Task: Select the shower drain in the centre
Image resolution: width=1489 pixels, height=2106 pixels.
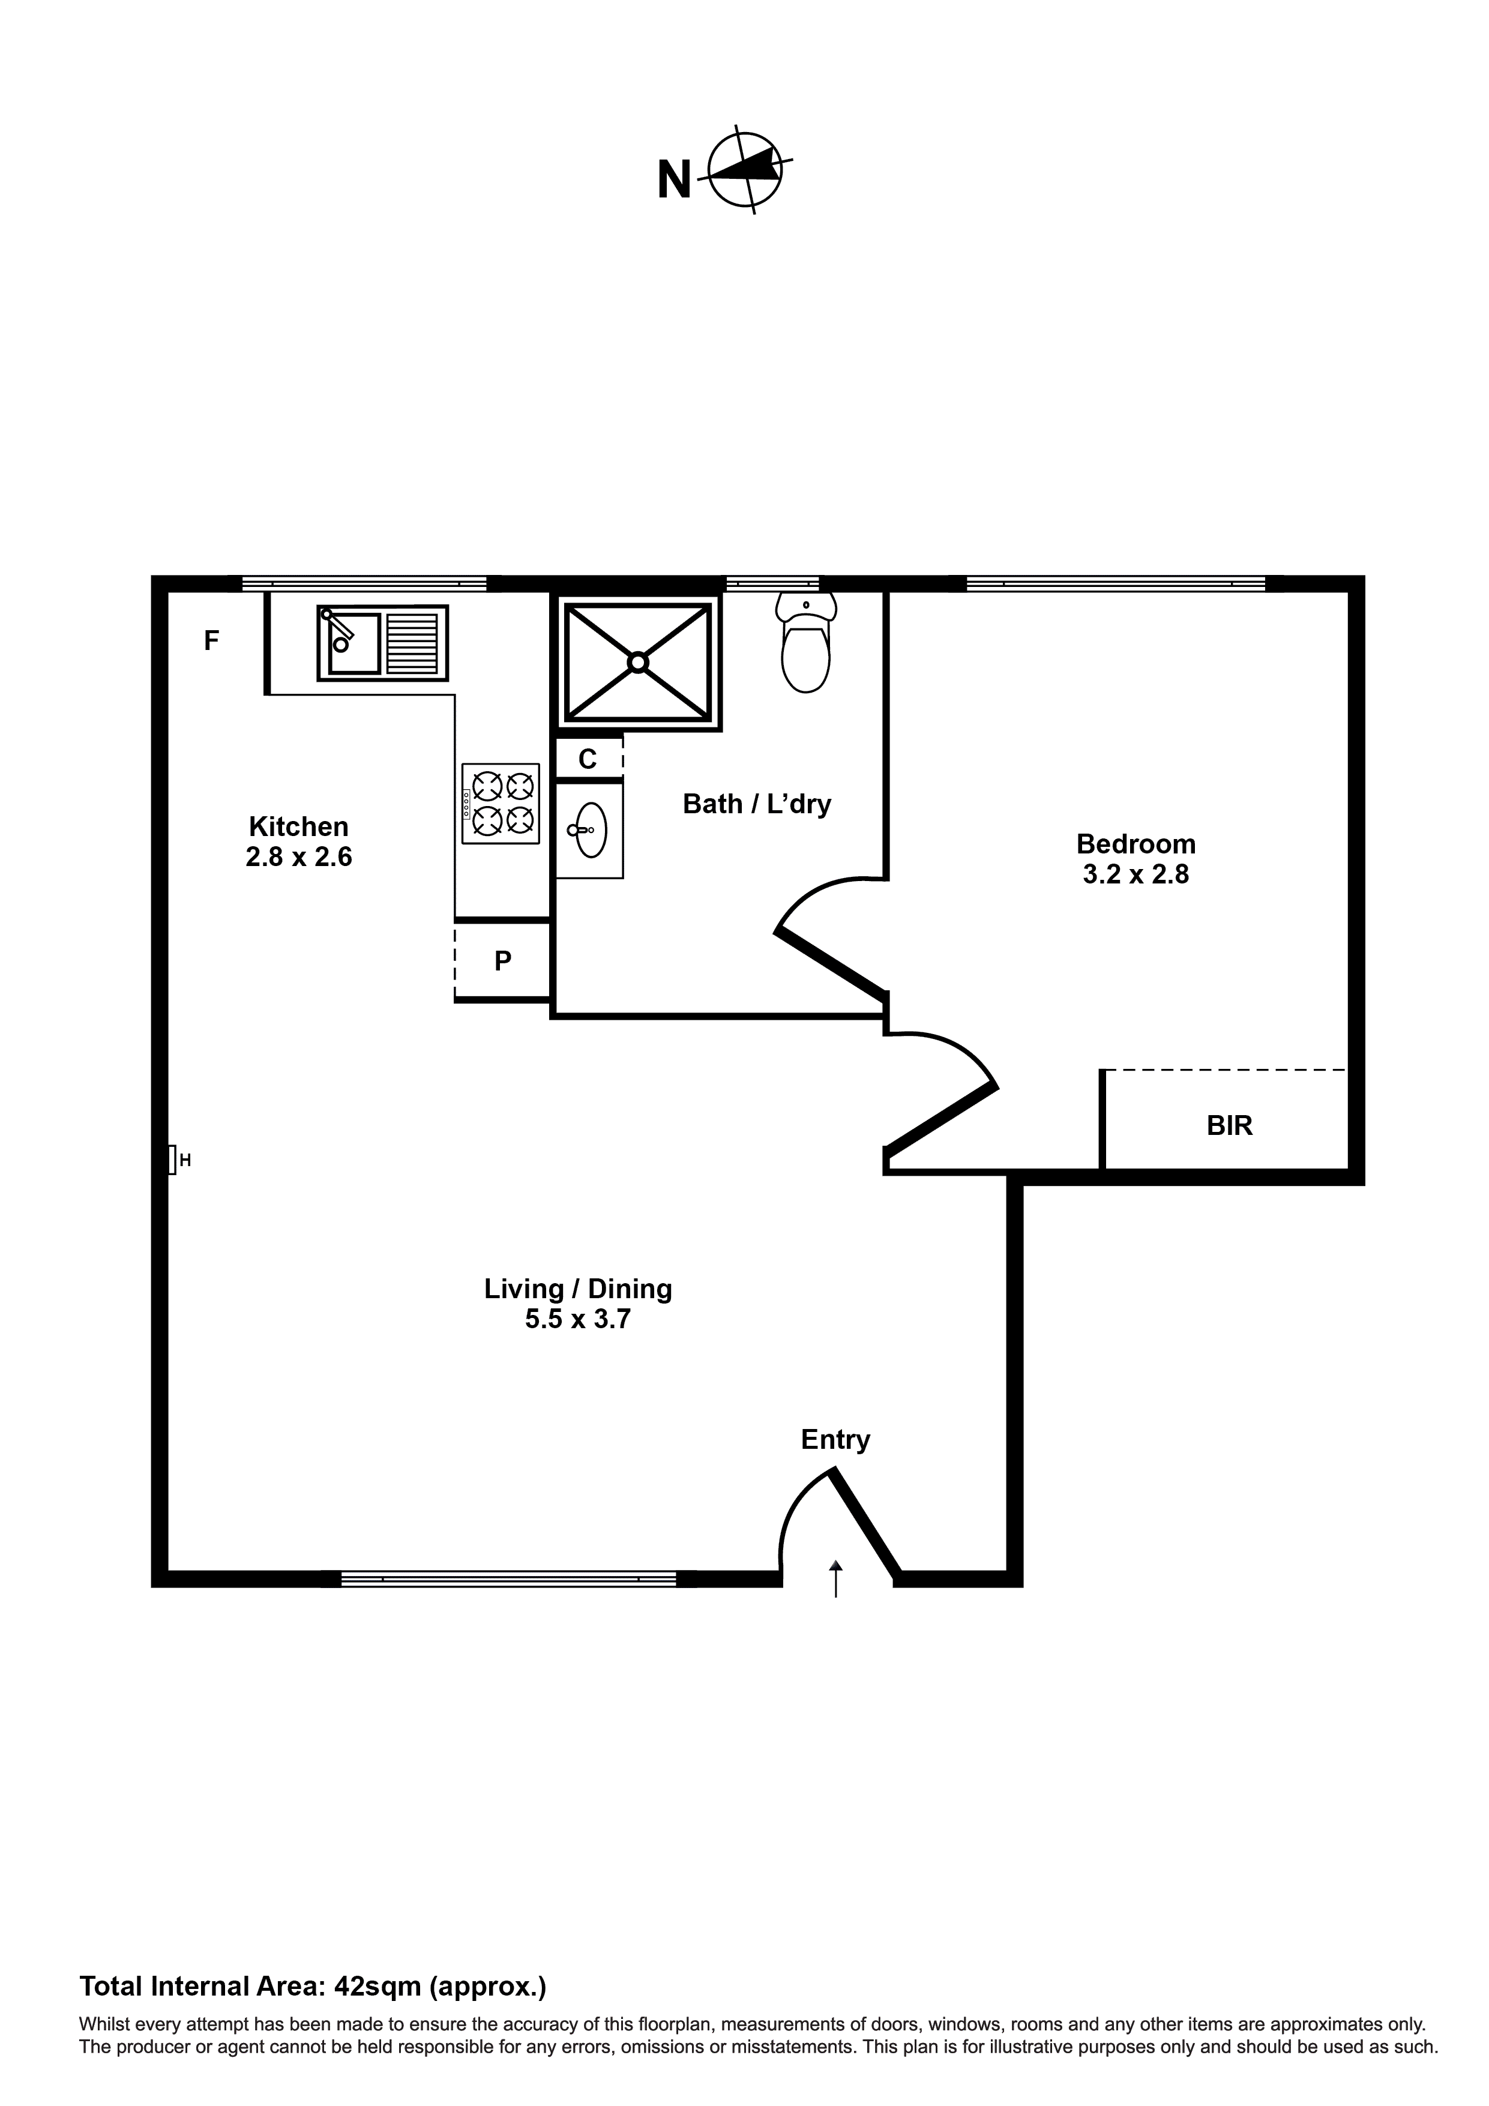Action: point(637,661)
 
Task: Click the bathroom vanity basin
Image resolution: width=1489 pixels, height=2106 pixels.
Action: point(590,829)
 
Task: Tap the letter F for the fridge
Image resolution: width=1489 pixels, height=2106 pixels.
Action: point(211,640)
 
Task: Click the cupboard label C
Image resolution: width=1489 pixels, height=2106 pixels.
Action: point(587,759)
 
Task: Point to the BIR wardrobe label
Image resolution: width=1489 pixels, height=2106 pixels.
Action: point(1229,1125)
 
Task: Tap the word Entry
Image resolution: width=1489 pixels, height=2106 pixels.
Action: point(835,1439)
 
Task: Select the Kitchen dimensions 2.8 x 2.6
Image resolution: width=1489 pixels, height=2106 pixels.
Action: point(299,856)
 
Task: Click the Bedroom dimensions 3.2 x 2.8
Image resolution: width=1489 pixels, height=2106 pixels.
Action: point(1136,874)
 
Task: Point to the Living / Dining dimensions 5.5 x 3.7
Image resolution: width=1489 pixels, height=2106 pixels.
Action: point(578,1319)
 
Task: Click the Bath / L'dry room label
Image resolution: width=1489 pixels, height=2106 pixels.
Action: point(757,804)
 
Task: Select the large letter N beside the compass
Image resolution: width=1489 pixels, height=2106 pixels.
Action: point(675,180)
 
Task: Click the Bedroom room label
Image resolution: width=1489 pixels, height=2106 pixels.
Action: point(1136,843)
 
